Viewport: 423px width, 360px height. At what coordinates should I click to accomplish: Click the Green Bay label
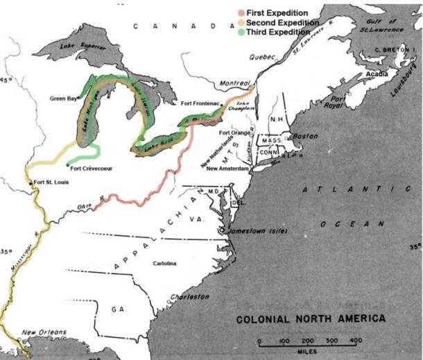[64, 98]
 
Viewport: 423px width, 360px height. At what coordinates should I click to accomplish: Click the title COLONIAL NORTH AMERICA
[311, 319]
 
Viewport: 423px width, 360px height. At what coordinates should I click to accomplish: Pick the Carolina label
[165, 264]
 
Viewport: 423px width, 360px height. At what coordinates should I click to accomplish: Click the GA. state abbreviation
[117, 310]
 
